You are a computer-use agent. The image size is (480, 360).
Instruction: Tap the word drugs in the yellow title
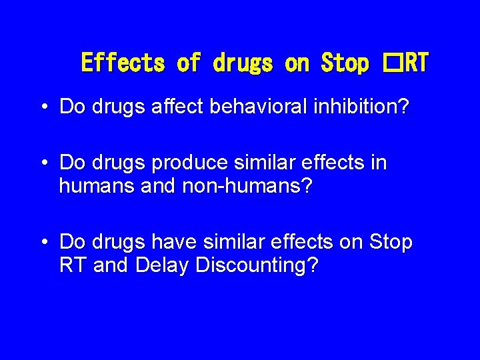243,63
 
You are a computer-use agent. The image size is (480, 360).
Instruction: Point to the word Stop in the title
345,63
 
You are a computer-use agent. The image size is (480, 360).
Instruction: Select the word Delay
163,265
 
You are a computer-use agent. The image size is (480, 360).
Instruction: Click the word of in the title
189,63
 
